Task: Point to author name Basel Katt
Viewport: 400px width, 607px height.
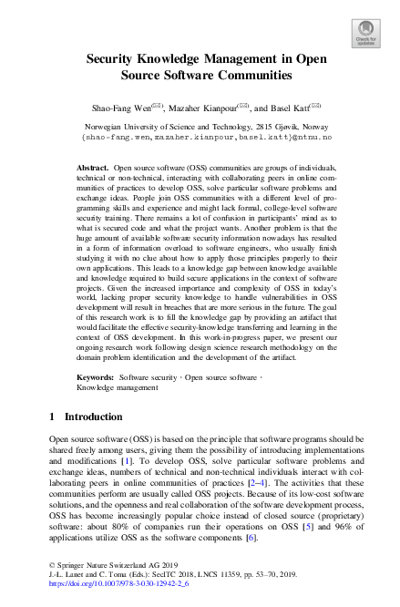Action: point(290,107)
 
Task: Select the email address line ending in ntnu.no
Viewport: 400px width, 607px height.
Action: point(200,139)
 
